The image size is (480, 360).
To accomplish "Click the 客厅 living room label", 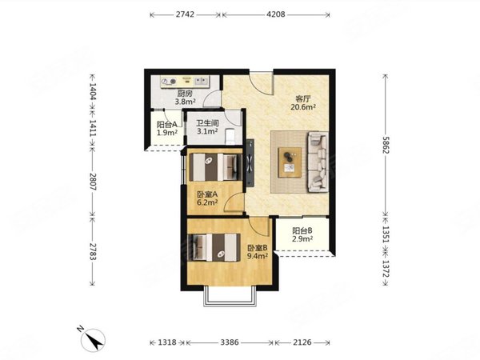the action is [x=303, y=99].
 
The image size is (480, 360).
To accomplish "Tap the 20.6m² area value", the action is [x=303, y=107].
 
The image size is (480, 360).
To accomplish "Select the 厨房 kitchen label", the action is [x=185, y=94].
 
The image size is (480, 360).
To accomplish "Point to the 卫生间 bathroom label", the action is [x=207, y=123].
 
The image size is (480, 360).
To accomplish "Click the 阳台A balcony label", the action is [x=167, y=125].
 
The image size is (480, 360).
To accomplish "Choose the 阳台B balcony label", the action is [x=302, y=231].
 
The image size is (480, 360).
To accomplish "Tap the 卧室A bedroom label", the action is [x=207, y=194].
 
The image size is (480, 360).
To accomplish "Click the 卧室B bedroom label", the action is [x=258, y=248].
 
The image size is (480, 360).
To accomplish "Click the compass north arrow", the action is [x=94, y=341].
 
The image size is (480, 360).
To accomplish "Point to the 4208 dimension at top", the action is [x=276, y=14].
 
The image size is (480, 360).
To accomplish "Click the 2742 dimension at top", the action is [x=185, y=14].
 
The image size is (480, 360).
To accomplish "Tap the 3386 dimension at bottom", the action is [x=230, y=342].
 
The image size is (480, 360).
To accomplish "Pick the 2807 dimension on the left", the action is [x=93, y=182].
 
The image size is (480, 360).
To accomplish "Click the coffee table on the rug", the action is [x=290, y=162].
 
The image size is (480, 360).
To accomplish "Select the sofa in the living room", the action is [x=318, y=162].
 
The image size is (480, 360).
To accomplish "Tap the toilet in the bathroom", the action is [x=230, y=137].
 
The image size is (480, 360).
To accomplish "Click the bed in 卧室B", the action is [x=214, y=247].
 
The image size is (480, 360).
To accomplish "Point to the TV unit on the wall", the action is [x=250, y=162].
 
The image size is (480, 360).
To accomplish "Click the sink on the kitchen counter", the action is [x=201, y=81].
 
